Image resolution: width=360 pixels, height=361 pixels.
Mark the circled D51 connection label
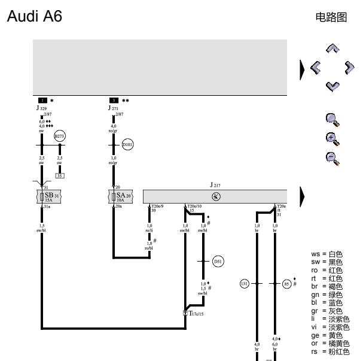coord(219,262)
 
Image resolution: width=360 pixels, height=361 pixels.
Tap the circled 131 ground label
coord(244,284)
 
